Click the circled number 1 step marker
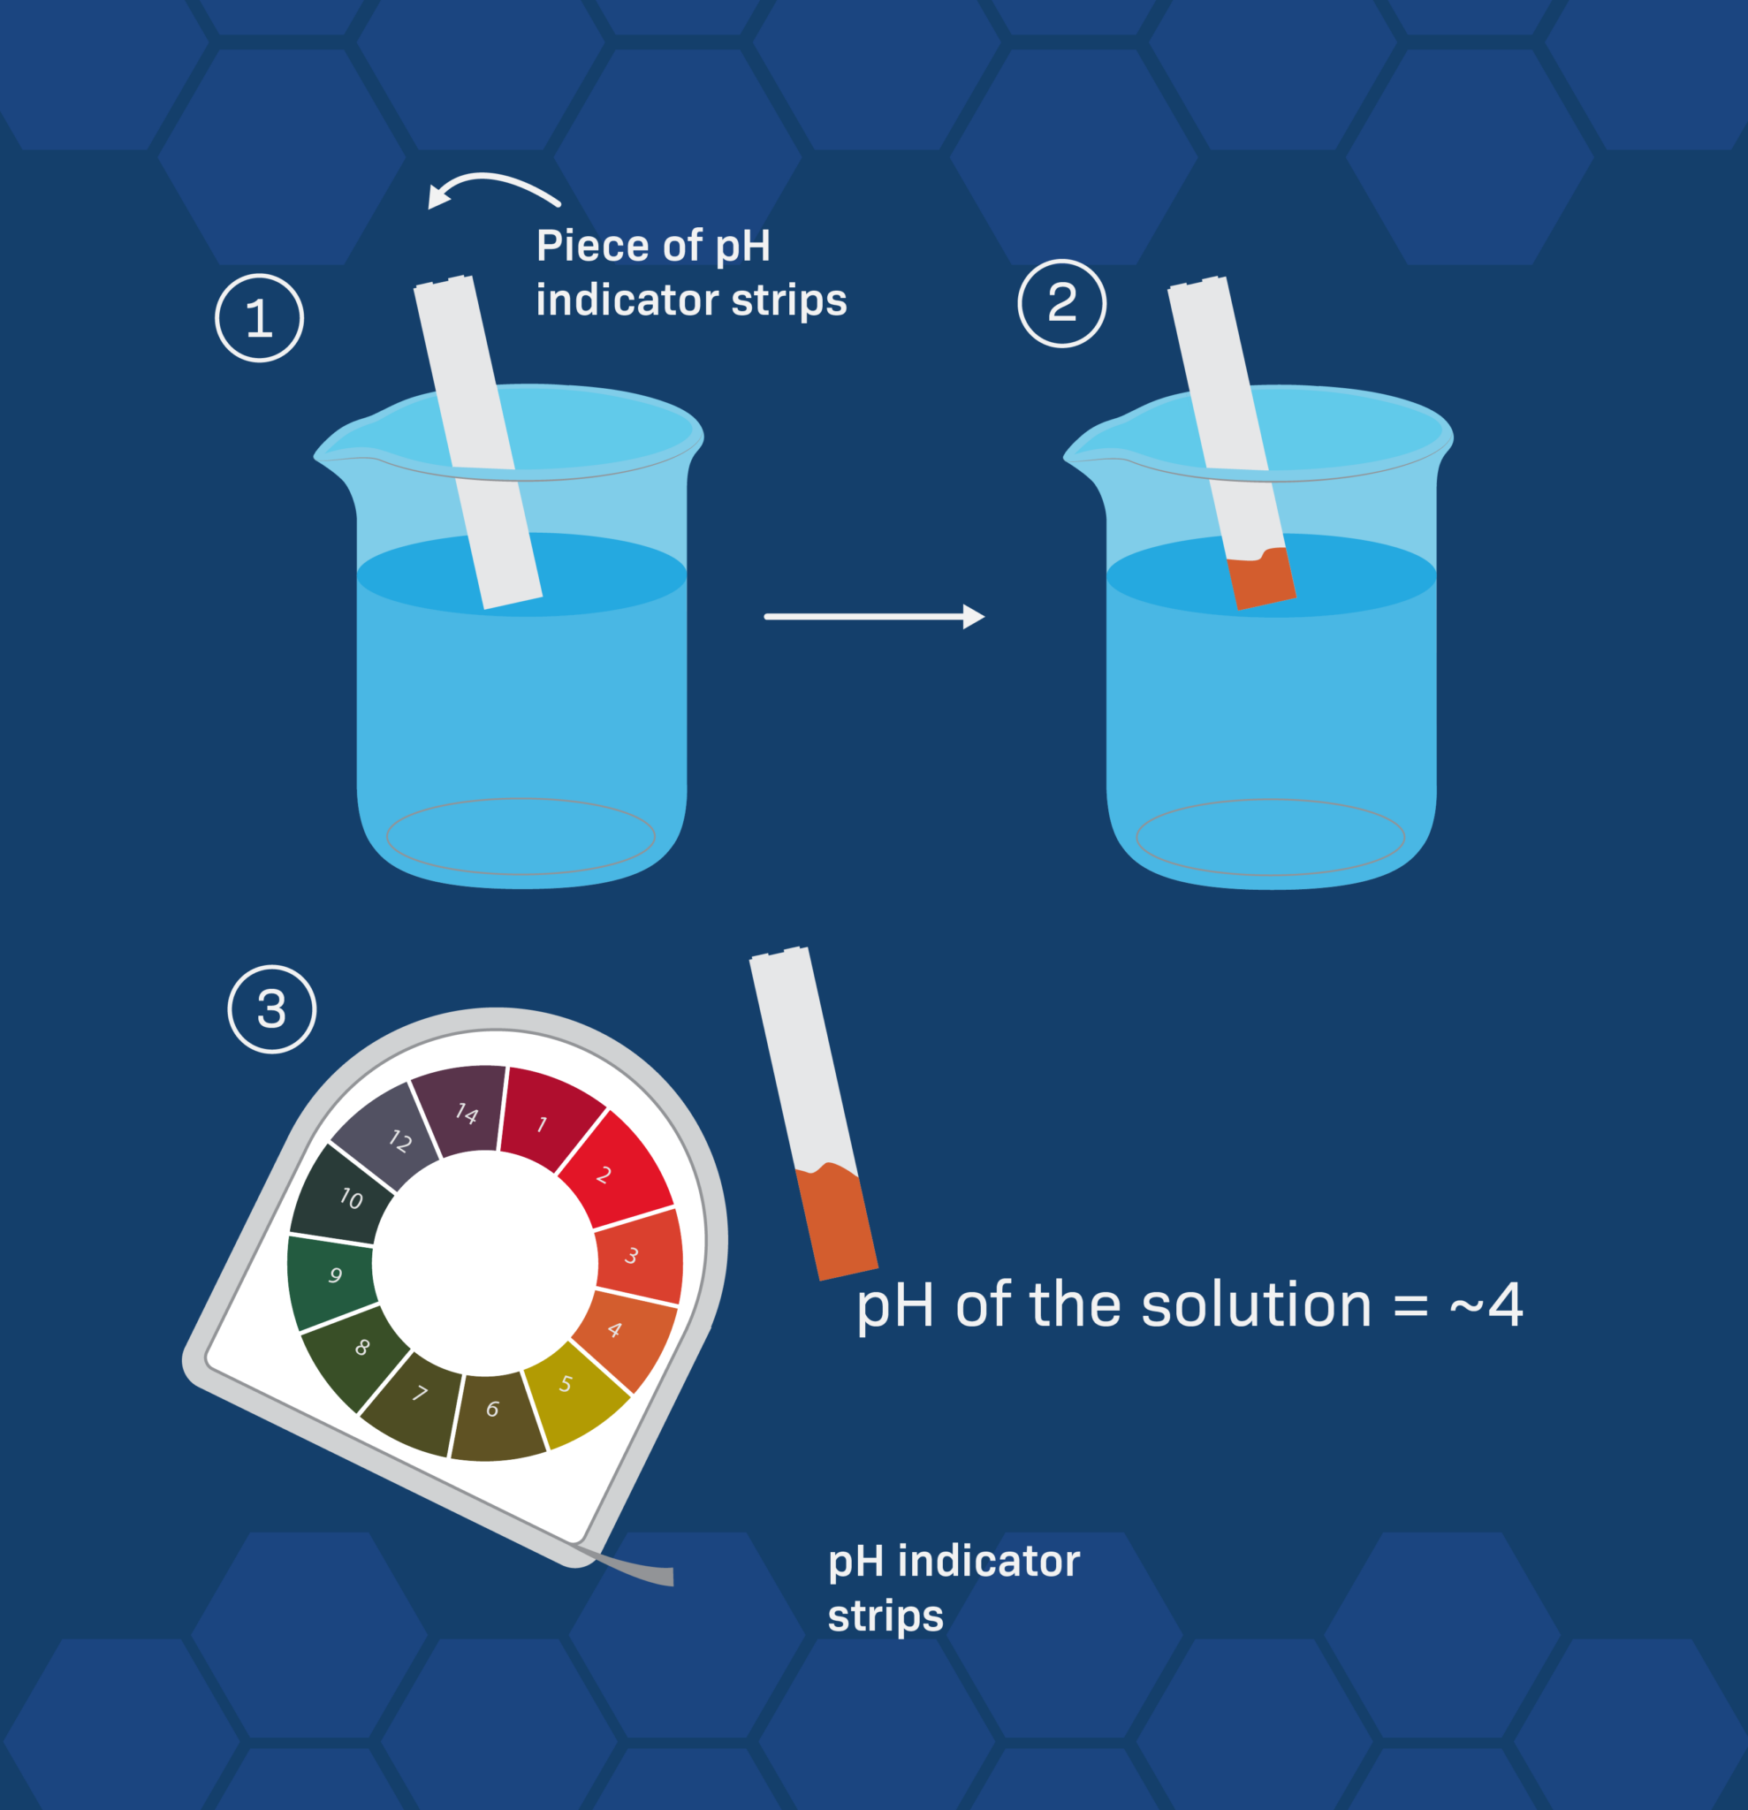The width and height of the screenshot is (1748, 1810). (260, 317)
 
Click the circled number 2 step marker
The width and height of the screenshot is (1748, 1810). (1062, 303)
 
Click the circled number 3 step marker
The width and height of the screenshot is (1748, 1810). (271, 1009)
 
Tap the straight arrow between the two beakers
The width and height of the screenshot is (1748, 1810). (873, 616)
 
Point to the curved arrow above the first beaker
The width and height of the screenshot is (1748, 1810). (490, 185)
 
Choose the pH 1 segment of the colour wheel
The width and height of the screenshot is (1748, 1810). (547, 1120)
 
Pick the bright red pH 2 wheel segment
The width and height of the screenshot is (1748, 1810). (611, 1171)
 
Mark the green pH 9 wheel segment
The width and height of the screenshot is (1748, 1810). (332, 1276)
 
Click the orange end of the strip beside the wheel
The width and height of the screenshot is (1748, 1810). (837, 1223)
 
